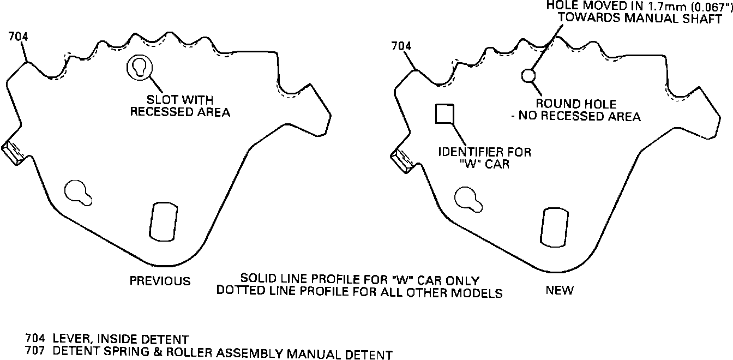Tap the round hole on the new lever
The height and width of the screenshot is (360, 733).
(528, 75)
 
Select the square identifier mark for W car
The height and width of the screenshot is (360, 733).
(444, 113)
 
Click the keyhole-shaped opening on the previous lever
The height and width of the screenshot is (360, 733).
(79, 191)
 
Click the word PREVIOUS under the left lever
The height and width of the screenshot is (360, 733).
(160, 281)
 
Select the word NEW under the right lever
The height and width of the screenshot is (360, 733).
(560, 291)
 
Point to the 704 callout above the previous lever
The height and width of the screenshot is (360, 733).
(18, 37)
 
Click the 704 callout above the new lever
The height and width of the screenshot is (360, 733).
(401, 46)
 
